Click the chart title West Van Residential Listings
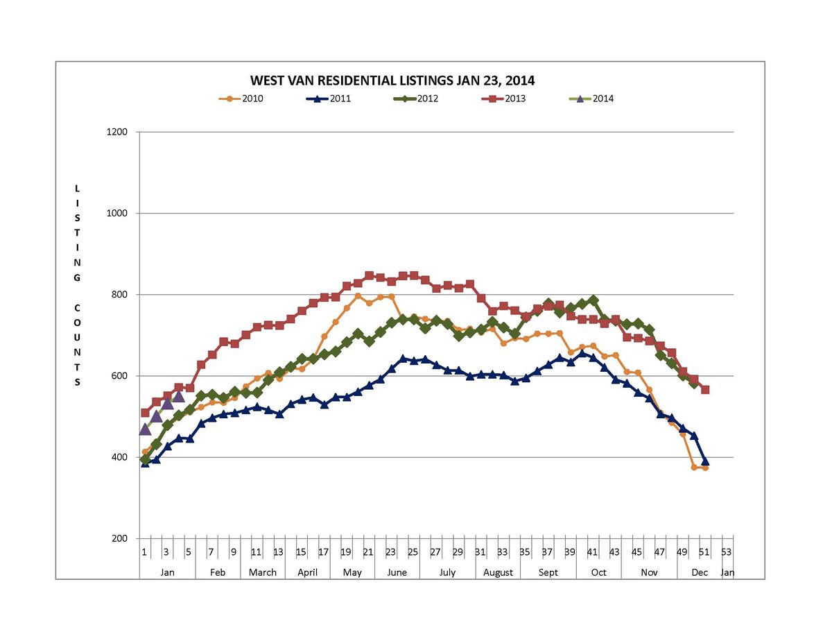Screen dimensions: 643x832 pos(392,80)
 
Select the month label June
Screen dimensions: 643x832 pos(397,572)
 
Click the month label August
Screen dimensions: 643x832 pos(498,572)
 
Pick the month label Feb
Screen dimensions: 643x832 pos(218,572)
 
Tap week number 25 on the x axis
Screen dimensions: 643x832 pos(413,552)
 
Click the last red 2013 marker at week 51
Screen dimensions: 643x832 pos(705,390)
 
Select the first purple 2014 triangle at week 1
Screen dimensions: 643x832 pos(145,429)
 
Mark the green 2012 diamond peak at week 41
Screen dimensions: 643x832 pos(593,301)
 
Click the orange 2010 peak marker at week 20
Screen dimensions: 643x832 pos(358,296)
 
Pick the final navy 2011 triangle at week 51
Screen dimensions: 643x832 pos(705,461)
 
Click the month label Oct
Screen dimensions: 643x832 pos(598,572)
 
